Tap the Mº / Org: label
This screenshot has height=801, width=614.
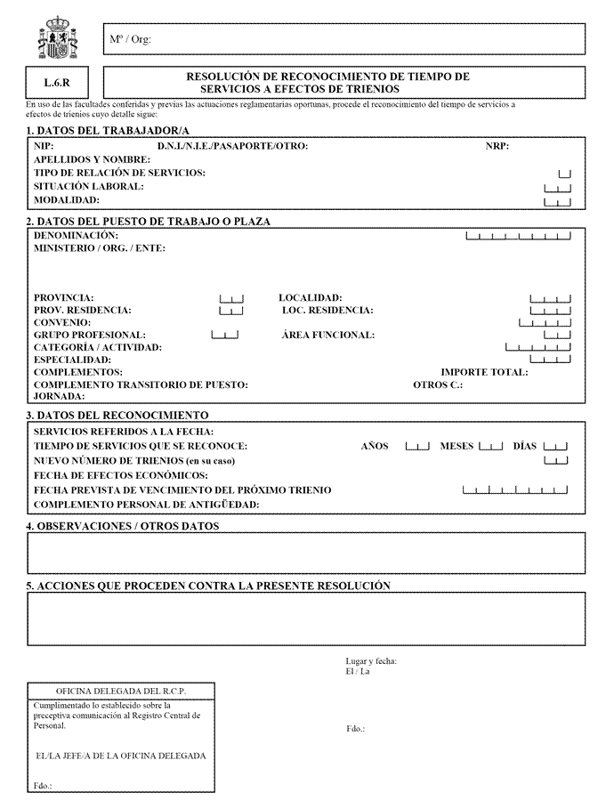pyautogui.click(x=130, y=40)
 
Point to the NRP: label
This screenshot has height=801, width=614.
pyautogui.click(x=497, y=146)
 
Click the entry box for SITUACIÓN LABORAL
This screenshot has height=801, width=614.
pyautogui.click(x=557, y=188)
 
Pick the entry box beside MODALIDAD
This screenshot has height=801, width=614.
pyautogui.click(x=557, y=202)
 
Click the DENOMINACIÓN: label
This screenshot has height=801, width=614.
pyautogui.click(x=76, y=235)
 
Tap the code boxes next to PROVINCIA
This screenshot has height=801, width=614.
pyautogui.click(x=230, y=298)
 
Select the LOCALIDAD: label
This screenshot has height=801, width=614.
pyautogui.click(x=311, y=298)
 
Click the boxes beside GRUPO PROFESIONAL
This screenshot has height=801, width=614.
pyautogui.click(x=225, y=336)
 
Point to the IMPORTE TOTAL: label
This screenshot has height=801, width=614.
pyautogui.click(x=484, y=373)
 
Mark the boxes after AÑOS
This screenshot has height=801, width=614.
pyautogui.click(x=417, y=446)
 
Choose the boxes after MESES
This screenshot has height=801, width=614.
pyautogui.click(x=490, y=446)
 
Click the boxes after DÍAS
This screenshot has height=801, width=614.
pyautogui.click(x=556, y=446)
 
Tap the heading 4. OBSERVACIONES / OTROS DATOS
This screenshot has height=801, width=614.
pyautogui.click(x=123, y=527)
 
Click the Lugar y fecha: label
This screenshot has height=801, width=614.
pyautogui.click(x=371, y=661)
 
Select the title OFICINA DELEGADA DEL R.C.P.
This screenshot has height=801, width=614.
pyautogui.click(x=121, y=692)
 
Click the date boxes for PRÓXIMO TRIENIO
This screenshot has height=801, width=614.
pyautogui.click(x=515, y=490)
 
